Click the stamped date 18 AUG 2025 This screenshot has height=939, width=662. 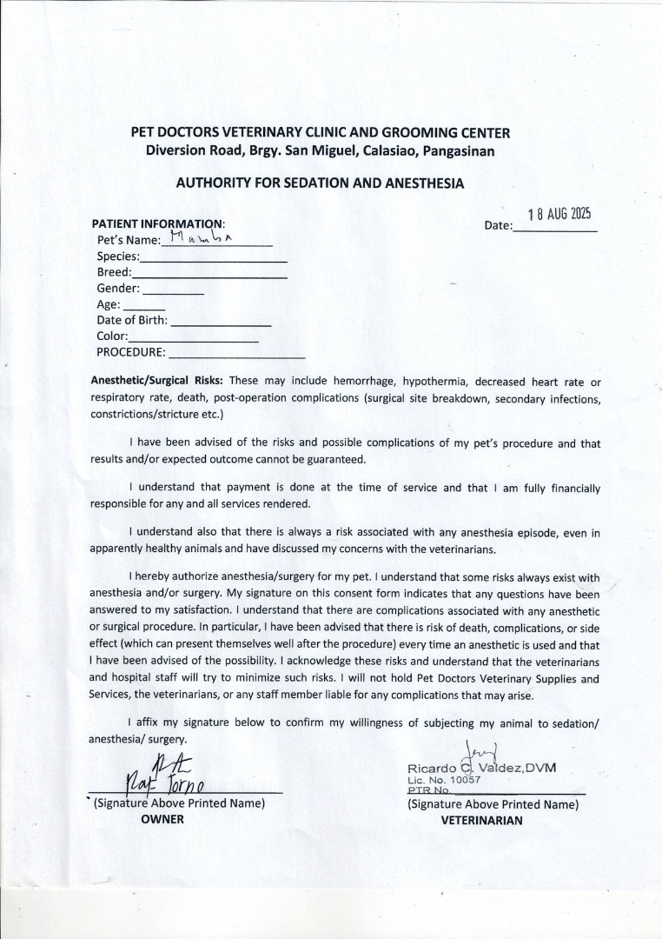[x=559, y=215]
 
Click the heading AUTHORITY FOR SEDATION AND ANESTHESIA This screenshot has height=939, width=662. [x=320, y=183]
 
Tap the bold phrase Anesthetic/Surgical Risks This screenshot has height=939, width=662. [x=157, y=381]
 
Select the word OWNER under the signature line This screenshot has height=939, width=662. [x=162, y=819]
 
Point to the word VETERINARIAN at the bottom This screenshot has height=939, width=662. [x=481, y=820]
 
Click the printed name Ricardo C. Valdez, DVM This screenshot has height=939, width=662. [x=481, y=768]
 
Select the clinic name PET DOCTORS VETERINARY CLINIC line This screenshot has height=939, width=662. [x=320, y=133]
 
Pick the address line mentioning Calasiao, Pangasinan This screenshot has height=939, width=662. [x=320, y=150]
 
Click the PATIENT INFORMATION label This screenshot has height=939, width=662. [x=157, y=223]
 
